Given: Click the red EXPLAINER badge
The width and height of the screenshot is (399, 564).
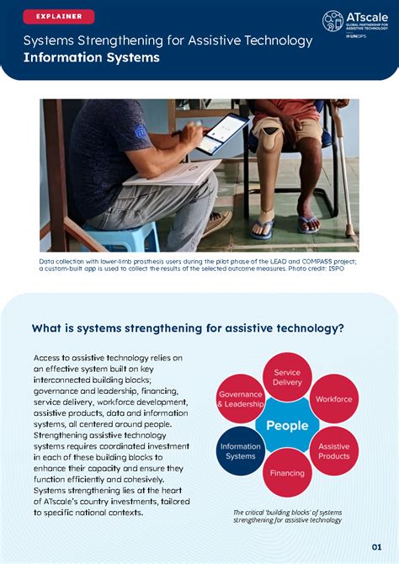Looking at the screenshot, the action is pos(59,17).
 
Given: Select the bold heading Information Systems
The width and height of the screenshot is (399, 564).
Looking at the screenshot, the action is pos(91,58).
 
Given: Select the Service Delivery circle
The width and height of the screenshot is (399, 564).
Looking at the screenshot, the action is pos(287,377).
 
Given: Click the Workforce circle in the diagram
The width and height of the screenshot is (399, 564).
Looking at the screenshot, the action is pos(333,399).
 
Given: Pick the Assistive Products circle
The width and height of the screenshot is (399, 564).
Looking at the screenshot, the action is pos(333,451).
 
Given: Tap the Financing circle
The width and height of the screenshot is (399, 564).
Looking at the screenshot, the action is pos(287,473).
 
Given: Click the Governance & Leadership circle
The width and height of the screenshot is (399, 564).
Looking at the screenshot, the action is pos(241,399).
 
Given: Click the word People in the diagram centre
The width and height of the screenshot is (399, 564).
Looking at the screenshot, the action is pos(287,425).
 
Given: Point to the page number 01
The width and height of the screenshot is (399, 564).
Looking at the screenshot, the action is pos(376,545).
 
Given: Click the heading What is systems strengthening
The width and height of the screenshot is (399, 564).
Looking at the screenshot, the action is pos(187,328).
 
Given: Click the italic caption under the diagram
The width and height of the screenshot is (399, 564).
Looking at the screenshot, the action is pos(287,516).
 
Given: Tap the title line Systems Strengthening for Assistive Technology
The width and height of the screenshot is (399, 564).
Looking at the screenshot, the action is pos(168,40).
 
